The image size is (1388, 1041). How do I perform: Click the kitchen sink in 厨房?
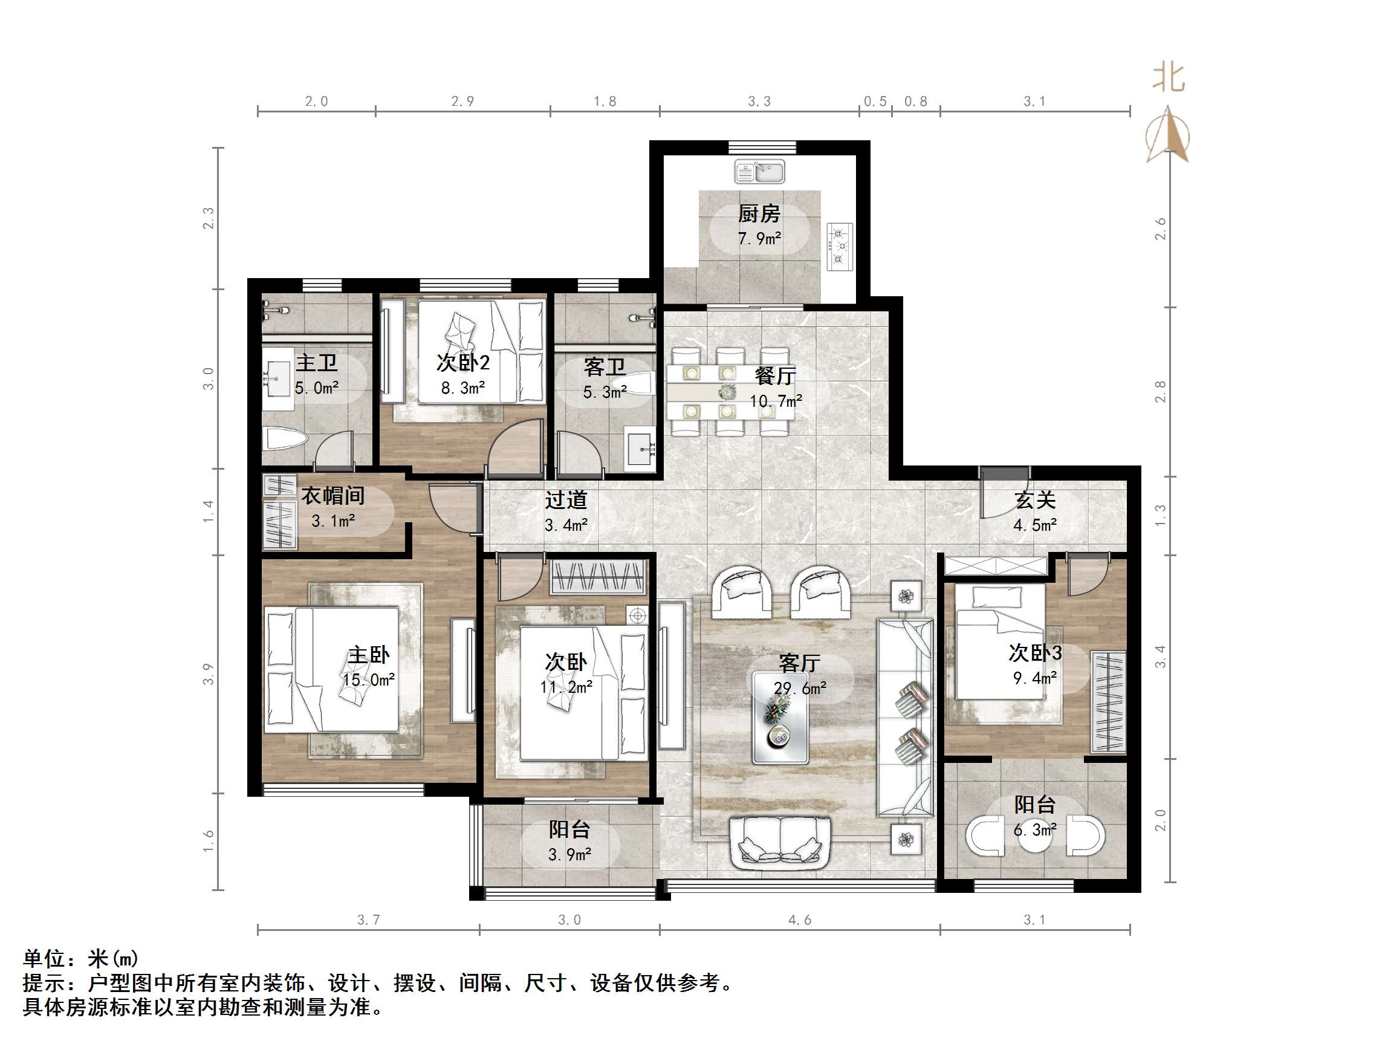point(759,171)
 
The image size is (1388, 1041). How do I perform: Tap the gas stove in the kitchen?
point(839,247)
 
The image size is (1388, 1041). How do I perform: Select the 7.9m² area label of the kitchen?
point(759,238)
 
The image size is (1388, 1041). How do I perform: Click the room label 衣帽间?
point(333,496)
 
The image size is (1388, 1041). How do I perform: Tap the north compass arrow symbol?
point(1167,135)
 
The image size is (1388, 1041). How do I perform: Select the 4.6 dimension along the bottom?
point(799,920)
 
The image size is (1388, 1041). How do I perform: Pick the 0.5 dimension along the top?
point(875,102)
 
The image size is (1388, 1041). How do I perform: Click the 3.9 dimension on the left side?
point(209,674)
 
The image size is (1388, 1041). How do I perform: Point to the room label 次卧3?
point(1035,652)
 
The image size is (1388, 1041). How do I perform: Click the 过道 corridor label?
point(565,500)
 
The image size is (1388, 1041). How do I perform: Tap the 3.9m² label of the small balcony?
point(569,855)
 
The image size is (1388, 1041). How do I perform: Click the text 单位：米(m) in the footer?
point(80,958)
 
